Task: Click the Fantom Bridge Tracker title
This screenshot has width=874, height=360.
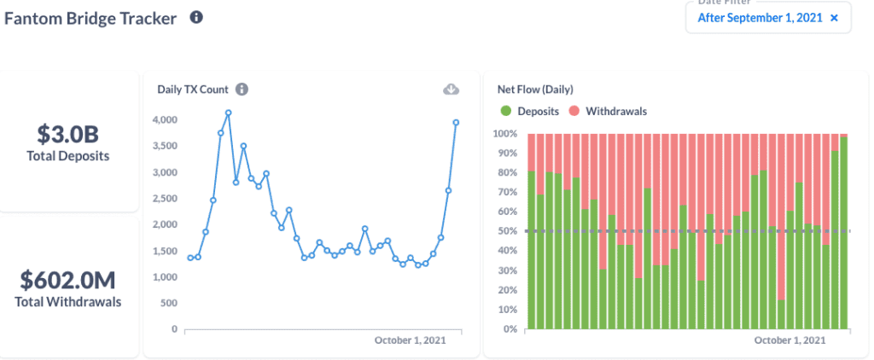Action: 90,18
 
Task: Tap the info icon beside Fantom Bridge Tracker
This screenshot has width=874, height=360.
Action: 196,17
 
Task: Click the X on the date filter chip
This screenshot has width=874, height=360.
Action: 834,17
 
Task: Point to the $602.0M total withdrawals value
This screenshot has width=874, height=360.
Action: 68,281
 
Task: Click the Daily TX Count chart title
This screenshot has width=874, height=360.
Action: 194,89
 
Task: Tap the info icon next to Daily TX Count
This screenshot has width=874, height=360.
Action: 242,89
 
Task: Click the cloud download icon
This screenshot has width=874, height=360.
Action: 452,89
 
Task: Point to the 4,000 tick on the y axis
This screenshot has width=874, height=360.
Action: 164,119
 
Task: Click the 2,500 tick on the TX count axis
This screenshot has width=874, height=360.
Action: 164,198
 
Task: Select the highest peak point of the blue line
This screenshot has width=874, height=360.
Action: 229,113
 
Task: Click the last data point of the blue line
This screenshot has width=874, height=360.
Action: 456,122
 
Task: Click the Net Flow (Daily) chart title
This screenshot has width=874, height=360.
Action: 535,89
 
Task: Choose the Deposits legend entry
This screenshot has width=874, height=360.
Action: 530,111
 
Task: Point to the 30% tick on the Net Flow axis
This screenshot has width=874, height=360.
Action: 508,270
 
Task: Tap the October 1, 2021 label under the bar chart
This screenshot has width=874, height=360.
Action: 790,340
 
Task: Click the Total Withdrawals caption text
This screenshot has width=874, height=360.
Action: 68,301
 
